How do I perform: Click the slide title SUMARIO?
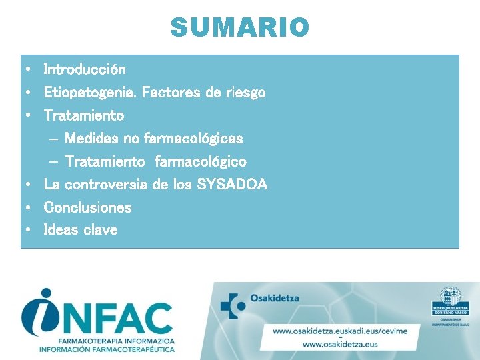tap(240, 27)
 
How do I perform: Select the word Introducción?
tap(85, 69)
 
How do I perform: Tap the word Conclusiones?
tap(88, 207)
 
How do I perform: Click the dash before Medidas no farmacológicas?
tap(54, 139)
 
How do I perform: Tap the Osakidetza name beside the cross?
tap(275, 299)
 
